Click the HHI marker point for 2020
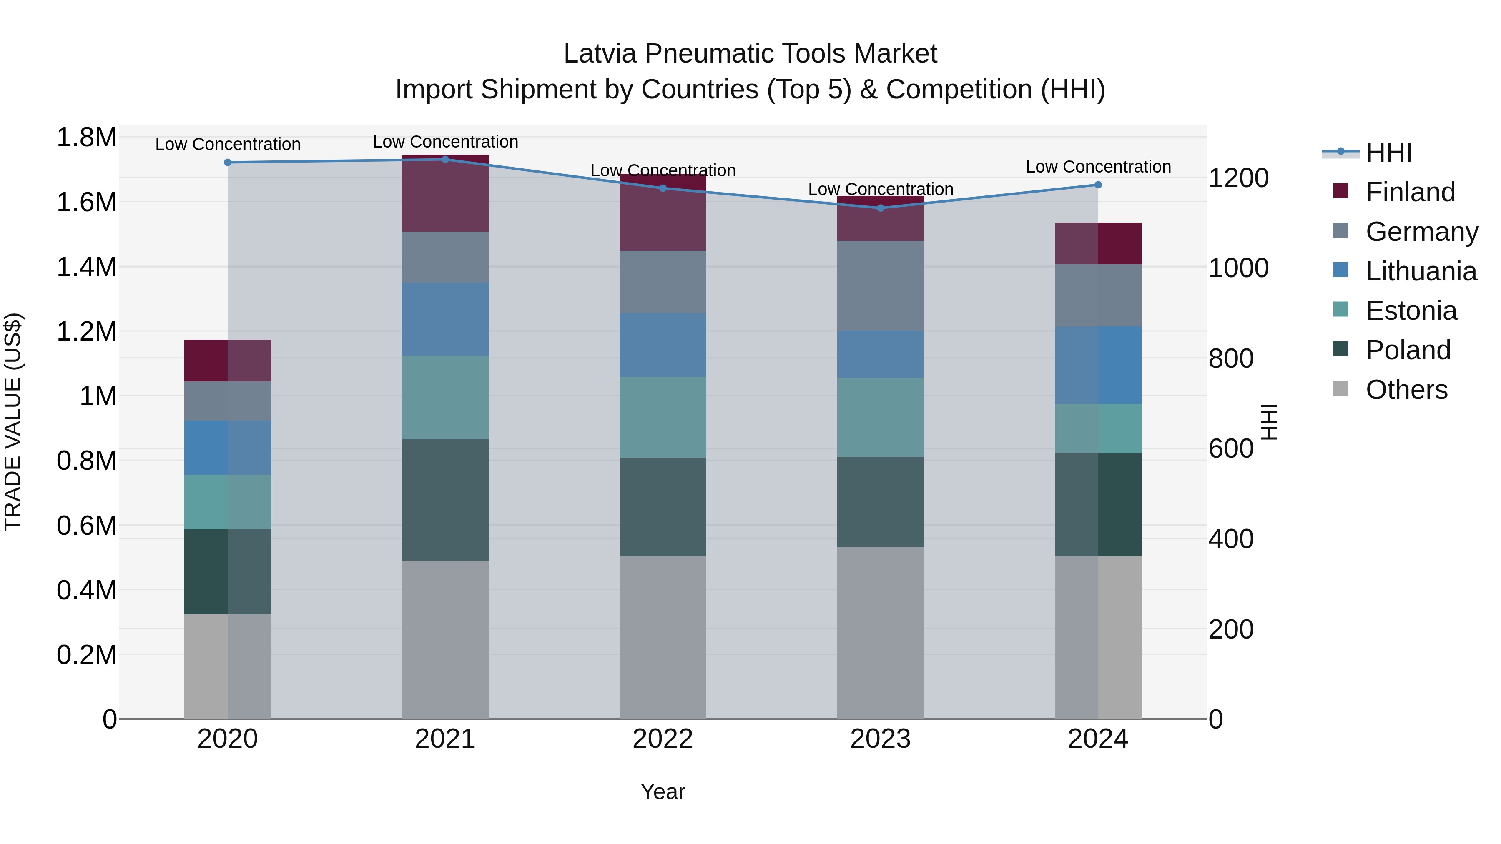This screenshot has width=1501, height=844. point(228,163)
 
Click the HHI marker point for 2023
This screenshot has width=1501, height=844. point(881,208)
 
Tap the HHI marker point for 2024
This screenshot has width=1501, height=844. point(1098,185)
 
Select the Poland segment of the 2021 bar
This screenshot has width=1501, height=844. point(445,500)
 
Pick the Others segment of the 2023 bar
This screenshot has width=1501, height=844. point(881,633)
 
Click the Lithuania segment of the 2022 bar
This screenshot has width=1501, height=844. point(663,346)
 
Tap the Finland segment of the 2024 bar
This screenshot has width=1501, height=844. point(1098,243)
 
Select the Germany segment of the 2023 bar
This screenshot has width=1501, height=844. point(881,286)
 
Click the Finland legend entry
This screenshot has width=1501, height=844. point(1410,192)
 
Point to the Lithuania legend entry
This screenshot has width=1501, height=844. point(1421,271)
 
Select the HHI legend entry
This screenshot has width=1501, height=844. point(1388,153)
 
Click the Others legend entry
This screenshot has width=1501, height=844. point(1406,390)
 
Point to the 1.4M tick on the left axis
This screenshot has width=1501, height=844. point(86,267)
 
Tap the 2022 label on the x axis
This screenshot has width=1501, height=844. point(663,739)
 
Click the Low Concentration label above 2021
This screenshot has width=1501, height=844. point(445,142)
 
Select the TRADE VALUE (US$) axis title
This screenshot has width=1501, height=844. point(13,422)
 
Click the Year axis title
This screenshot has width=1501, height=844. point(663,791)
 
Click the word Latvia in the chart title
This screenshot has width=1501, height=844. point(600,54)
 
